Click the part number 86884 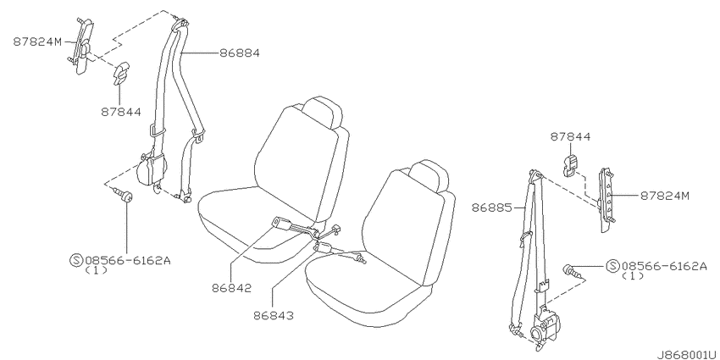pos(239,53)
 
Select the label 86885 pos(492,208)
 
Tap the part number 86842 pos(232,288)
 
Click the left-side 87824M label pos(37,42)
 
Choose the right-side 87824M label pos(665,196)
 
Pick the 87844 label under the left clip pos(121,112)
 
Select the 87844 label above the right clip pos(570,136)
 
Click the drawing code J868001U pos(687,355)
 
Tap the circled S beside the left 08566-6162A pos(75,261)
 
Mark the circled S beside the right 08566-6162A pos(612,266)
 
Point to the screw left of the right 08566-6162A pos(573,271)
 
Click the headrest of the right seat pos(428,175)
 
